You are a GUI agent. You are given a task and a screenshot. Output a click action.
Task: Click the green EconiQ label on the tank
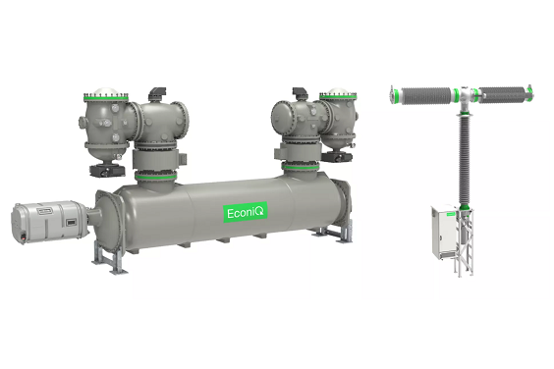246,213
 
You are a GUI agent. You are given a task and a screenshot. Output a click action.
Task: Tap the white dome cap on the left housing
106,90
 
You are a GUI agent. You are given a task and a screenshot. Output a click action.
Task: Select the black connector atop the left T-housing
156,93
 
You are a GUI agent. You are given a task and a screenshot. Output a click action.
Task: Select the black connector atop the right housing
299,93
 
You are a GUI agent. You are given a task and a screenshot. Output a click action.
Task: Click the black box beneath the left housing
107,170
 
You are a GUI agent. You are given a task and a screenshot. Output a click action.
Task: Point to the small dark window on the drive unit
71,223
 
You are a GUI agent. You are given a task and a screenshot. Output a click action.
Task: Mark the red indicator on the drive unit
23,237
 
